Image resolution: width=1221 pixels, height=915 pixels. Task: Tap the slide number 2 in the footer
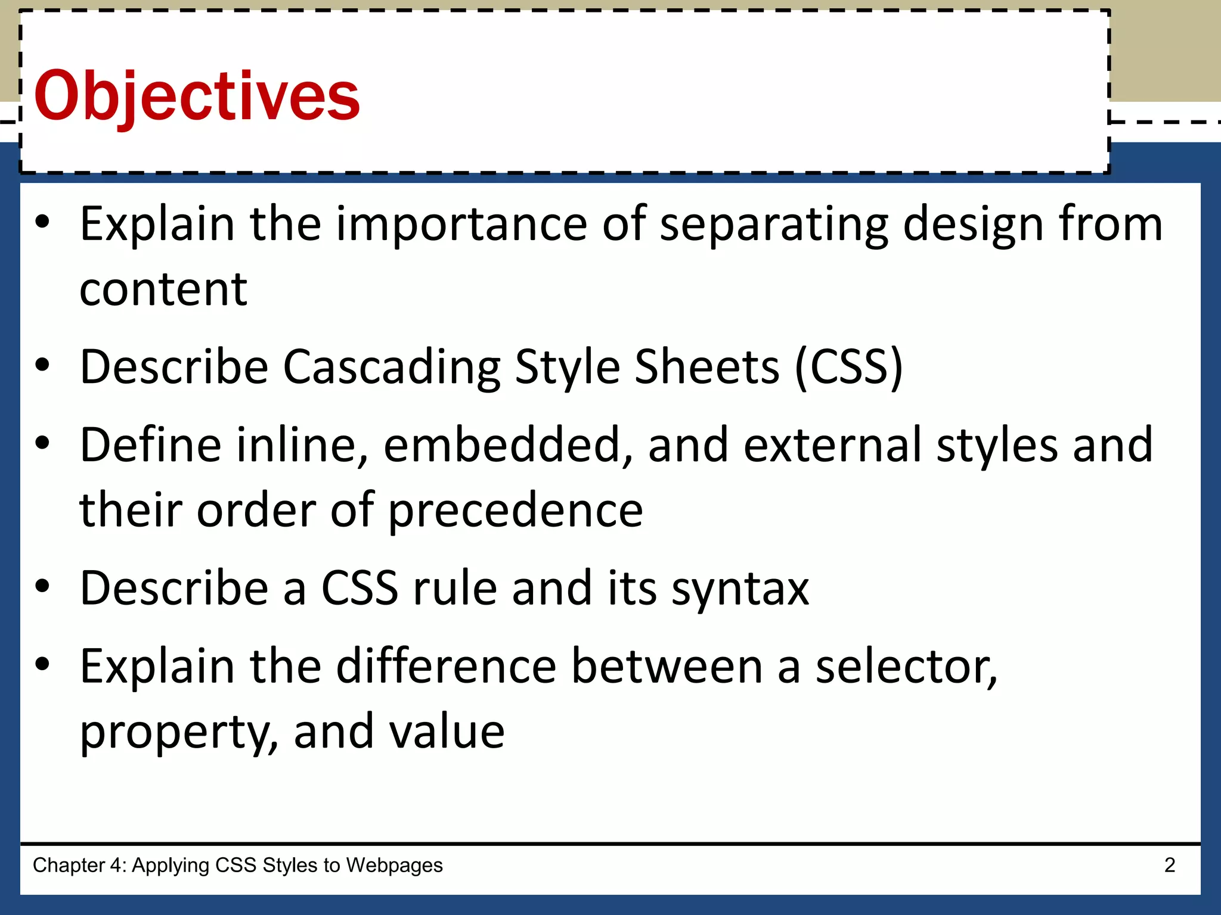1170,865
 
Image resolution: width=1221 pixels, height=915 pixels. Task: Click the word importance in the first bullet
461,224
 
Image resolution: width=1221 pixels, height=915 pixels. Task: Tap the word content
163,290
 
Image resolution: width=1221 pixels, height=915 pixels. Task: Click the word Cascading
391,368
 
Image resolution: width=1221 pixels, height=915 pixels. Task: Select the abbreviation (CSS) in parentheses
849,368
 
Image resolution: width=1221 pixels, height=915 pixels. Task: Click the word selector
906,667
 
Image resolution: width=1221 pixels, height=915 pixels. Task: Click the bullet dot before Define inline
42,444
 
